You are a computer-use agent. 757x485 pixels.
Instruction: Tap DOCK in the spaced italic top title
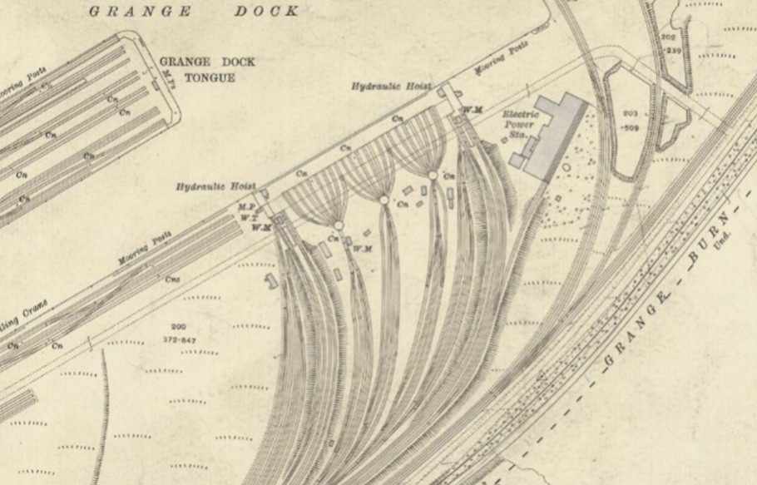(265, 11)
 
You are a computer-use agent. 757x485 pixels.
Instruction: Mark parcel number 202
(667, 38)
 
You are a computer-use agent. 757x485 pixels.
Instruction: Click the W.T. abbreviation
(246, 217)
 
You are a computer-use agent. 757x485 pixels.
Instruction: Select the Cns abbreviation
(172, 280)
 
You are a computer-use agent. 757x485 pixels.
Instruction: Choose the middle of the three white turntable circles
(383, 200)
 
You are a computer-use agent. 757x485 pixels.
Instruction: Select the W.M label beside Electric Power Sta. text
(473, 109)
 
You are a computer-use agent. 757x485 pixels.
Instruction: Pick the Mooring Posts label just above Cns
(143, 250)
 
